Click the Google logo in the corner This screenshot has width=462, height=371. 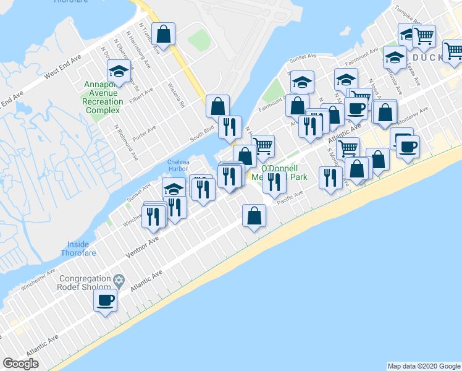click(x=20, y=364)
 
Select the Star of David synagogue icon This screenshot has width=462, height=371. click(x=119, y=281)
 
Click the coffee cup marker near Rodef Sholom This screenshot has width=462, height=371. click(x=105, y=301)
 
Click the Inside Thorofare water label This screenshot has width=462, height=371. click(x=79, y=249)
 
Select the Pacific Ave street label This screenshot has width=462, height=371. click(x=290, y=197)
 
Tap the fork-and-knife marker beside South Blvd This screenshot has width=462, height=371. click(x=230, y=127)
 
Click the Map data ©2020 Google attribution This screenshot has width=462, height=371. click(x=424, y=366)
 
